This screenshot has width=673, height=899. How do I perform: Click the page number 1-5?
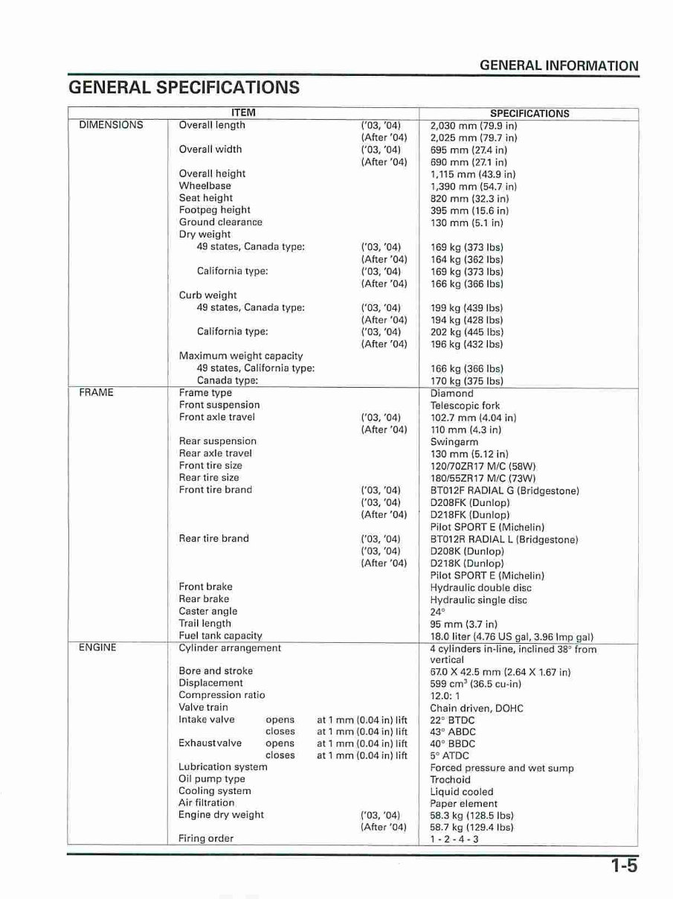click(x=625, y=866)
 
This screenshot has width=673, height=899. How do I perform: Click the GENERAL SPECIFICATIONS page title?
click(x=184, y=88)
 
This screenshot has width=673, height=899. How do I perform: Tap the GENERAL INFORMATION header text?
click(x=558, y=65)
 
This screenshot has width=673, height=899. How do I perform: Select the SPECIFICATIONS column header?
click(x=529, y=114)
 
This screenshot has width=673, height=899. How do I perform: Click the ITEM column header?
click(x=243, y=113)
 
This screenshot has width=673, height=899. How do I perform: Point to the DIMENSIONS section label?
click(x=111, y=125)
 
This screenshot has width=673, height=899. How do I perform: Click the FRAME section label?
click(x=96, y=393)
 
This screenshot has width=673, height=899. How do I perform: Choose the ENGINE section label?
click(x=97, y=647)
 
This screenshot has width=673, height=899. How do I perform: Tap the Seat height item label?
click(x=206, y=198)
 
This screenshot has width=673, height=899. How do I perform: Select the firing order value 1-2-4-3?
click(x=454, y=839)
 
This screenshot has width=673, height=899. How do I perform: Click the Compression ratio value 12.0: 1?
click(x=447, y=696)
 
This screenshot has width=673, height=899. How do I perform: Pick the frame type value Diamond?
click(x=451, y=394)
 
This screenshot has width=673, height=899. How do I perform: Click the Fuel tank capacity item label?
click(x=220, y=636)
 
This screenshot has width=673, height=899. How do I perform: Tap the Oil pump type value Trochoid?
click(x=450, y=780)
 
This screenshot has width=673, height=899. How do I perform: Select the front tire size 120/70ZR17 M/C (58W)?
click(x=483, y=466)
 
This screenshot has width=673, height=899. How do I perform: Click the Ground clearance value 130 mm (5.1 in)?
click(x=467, y=223)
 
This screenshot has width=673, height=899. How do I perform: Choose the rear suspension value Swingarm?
click(x=454, y=442)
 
